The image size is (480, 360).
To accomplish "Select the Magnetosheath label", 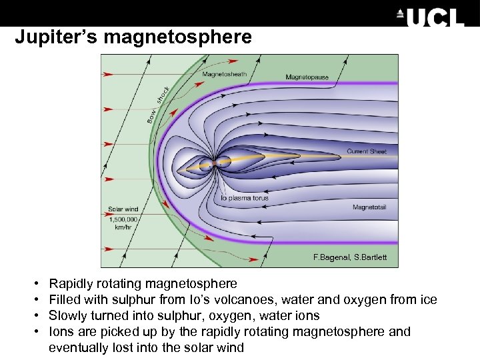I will point(224,75).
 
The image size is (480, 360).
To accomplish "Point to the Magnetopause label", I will point(307,77).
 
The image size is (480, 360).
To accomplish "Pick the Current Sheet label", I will point(366,151).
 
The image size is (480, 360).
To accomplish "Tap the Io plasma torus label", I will point(245,198).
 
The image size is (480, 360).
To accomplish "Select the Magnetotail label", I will point(369,207).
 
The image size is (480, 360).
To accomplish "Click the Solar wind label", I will point(123,209).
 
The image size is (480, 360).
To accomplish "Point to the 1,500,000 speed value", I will point(123,219).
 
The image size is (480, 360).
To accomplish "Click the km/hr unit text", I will point(123,227).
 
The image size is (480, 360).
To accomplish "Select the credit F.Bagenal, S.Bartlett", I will point(350,257).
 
